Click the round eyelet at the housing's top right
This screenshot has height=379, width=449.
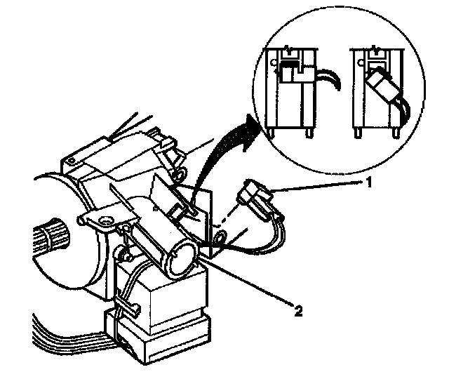(x=177, y=171)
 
